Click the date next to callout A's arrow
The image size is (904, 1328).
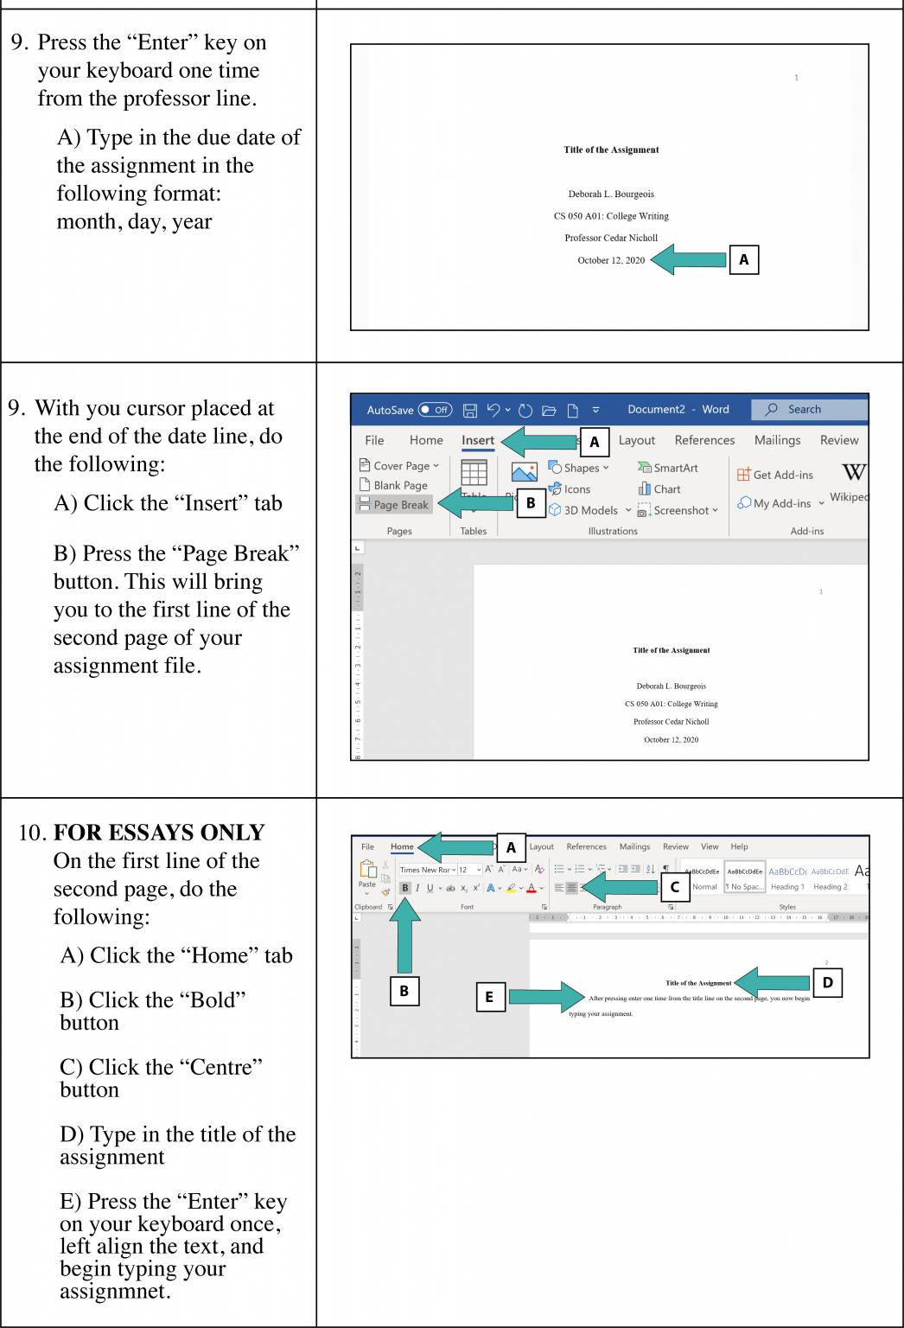611,260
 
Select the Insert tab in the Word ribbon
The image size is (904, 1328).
478,440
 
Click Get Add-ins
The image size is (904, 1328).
775,474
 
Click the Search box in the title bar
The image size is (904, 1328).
809,409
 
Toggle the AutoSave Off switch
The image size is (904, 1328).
435,410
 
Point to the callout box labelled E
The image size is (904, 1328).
489,997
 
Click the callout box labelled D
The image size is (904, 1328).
827,982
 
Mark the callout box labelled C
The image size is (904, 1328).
674,886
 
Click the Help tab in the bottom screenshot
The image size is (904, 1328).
739,846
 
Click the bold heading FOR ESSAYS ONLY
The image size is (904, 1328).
159,833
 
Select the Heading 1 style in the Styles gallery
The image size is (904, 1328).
786,878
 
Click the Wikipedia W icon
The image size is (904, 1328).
852,472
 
